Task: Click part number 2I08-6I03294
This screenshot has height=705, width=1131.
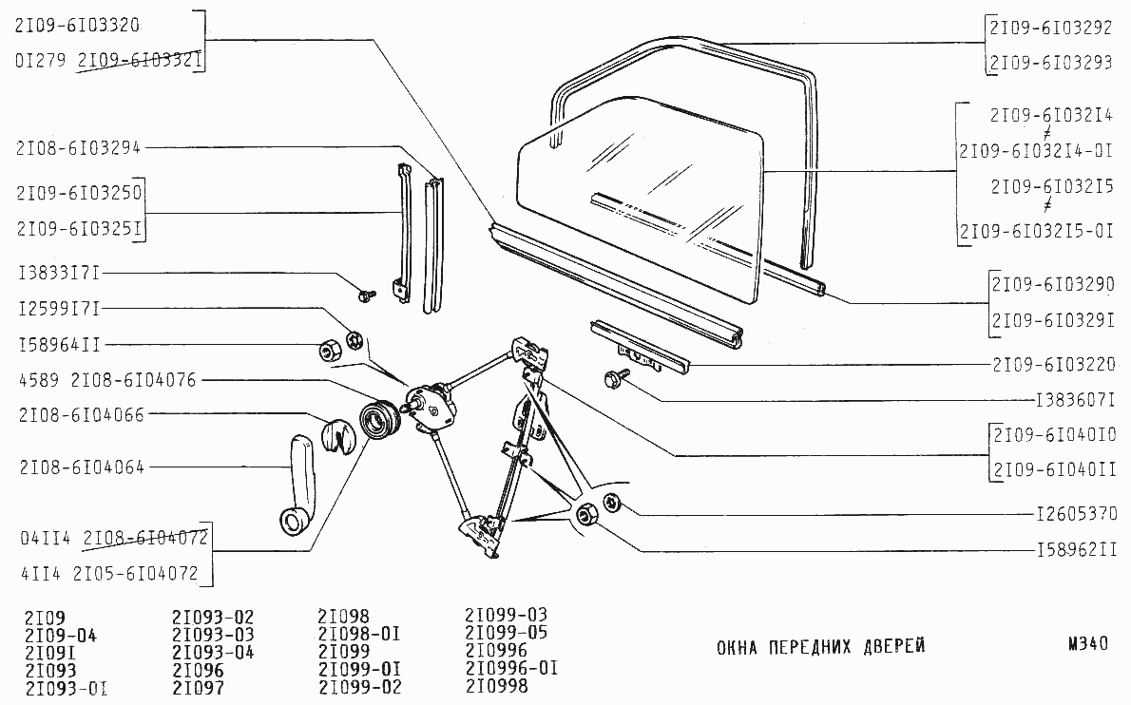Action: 78,148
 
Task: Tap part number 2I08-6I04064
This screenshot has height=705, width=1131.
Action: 83,467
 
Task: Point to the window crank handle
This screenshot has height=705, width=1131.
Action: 299,486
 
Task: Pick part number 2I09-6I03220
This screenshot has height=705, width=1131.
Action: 1054,365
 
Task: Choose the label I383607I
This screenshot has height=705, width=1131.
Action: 1076,400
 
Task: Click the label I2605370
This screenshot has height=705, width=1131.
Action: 1076,514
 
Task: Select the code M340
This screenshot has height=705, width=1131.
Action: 1087,644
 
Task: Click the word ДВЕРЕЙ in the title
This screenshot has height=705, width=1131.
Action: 893,647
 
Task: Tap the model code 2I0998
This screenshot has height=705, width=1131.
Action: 497,686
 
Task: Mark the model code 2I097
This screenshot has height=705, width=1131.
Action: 198,688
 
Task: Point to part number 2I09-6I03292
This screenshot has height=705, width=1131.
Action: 1051,29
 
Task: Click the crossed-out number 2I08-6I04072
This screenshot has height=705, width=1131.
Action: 145,538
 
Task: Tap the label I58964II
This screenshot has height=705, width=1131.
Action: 59,345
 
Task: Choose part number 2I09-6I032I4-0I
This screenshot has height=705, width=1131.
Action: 1036,151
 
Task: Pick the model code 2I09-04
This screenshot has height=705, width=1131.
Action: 61,636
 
